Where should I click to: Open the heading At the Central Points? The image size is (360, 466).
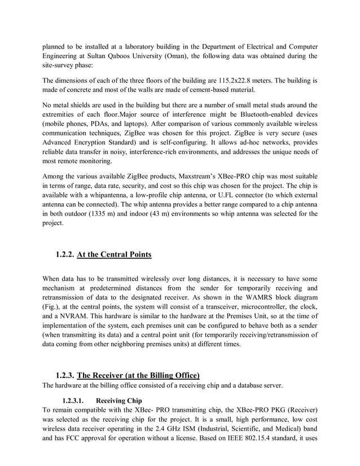pyautogui.click(x=114, y=254)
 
